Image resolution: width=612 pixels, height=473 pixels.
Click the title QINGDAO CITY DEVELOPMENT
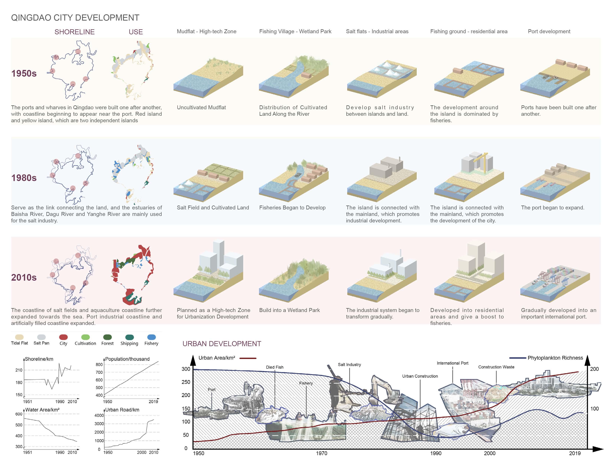[x=75, y=18]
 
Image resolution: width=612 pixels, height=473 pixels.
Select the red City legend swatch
[x=63, y=337]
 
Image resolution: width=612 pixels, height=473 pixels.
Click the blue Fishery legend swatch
[x=151, y=337]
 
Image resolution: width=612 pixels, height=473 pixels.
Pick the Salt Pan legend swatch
[x=41, y=337]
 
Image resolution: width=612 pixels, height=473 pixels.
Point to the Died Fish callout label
[x=275, y=367]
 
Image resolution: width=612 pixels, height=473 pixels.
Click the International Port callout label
[x=452, y=363]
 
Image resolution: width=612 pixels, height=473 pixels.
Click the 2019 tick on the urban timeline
[x=575, y=453]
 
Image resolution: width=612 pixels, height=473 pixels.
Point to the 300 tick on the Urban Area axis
[x=186, y=369]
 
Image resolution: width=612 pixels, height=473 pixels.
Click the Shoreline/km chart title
[x=39, y=359]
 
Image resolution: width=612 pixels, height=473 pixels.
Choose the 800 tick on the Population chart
[x=99, y=364]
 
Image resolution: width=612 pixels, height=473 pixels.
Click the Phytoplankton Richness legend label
[x=555, y=358]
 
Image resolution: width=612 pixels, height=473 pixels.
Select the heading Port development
[x=549, y=31]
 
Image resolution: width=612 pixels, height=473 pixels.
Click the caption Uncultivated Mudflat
[x=201, y=107]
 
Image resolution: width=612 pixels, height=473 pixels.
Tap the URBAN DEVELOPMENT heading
[x=222, y=344]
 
